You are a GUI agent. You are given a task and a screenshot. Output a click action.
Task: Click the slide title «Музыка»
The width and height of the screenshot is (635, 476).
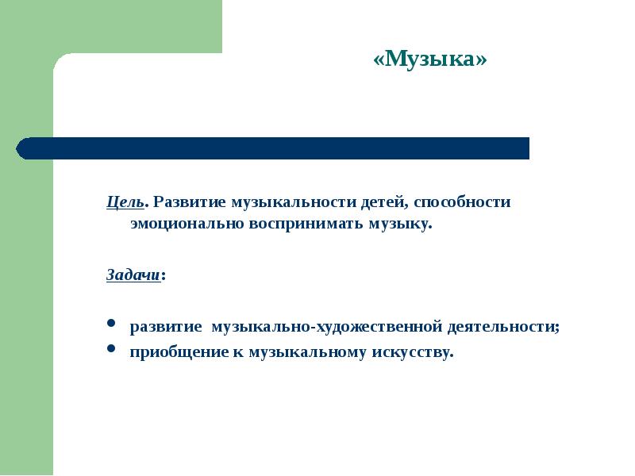(429, 60)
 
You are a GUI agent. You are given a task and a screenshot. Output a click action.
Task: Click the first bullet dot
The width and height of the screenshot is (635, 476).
(111, 325)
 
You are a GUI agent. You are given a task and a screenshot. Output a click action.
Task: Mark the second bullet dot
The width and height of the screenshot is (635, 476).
(111, 349)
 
